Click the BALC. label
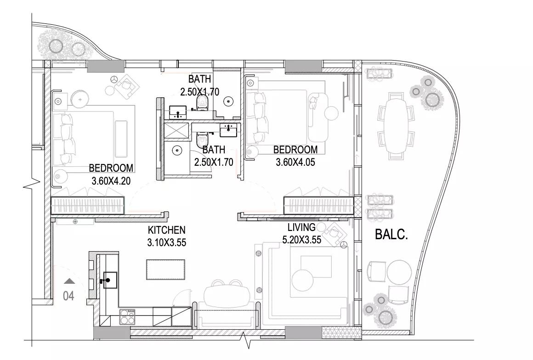pos(391,234)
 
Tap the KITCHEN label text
pos(166,230)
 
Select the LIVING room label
pos(301,227)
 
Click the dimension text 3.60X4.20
pos(111,180)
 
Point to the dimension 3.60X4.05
pos(295,162)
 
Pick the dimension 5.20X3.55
pos(302,240)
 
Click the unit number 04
pos(68,296)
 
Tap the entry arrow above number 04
pos(69,281)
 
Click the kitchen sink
pos(110,280)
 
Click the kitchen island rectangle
pos(165,270)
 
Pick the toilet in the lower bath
pos(203,139)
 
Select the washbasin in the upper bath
pos(178,112)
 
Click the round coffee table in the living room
pos(302,280)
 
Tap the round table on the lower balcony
pos(399,272)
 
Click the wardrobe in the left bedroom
pos(88,205)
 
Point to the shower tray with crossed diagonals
pos(176,131)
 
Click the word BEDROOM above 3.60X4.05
pos(295,149)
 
